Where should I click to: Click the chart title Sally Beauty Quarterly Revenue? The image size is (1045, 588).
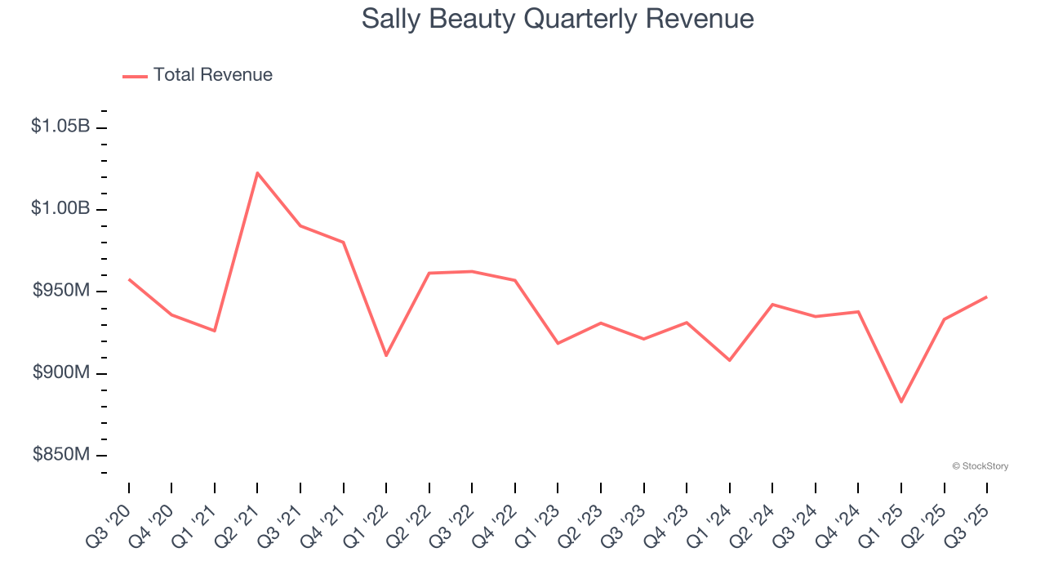click(558, 19)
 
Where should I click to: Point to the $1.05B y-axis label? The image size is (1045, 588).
click(60, 127)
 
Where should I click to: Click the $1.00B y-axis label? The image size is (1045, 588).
click(60, 209)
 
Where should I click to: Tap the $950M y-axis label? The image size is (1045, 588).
click(61, 291)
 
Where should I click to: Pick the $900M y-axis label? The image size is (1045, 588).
click(61, 372)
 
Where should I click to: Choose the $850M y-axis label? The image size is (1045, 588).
click(61, 455)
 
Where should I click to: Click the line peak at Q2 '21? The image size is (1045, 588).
click(257, 173)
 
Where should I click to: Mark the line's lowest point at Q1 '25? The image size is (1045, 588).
click(901, 402)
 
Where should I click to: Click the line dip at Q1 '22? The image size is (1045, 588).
click(386, 355)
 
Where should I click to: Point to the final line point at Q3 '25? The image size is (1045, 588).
click(986, 296)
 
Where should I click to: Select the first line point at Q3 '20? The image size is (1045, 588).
click(129, 279)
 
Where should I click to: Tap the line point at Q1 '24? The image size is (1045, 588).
click(729, 360)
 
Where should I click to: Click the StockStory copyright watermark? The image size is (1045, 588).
click(981, 466)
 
